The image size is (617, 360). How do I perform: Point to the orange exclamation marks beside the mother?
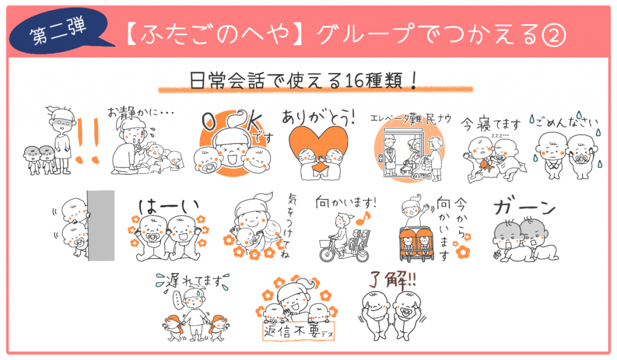coord(88,141)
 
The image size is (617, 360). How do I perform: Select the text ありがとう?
coord(319,117)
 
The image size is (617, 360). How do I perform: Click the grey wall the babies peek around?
coord(101,226)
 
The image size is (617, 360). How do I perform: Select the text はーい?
coord(169,206)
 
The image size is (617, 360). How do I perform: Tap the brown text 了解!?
coord(392,280)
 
